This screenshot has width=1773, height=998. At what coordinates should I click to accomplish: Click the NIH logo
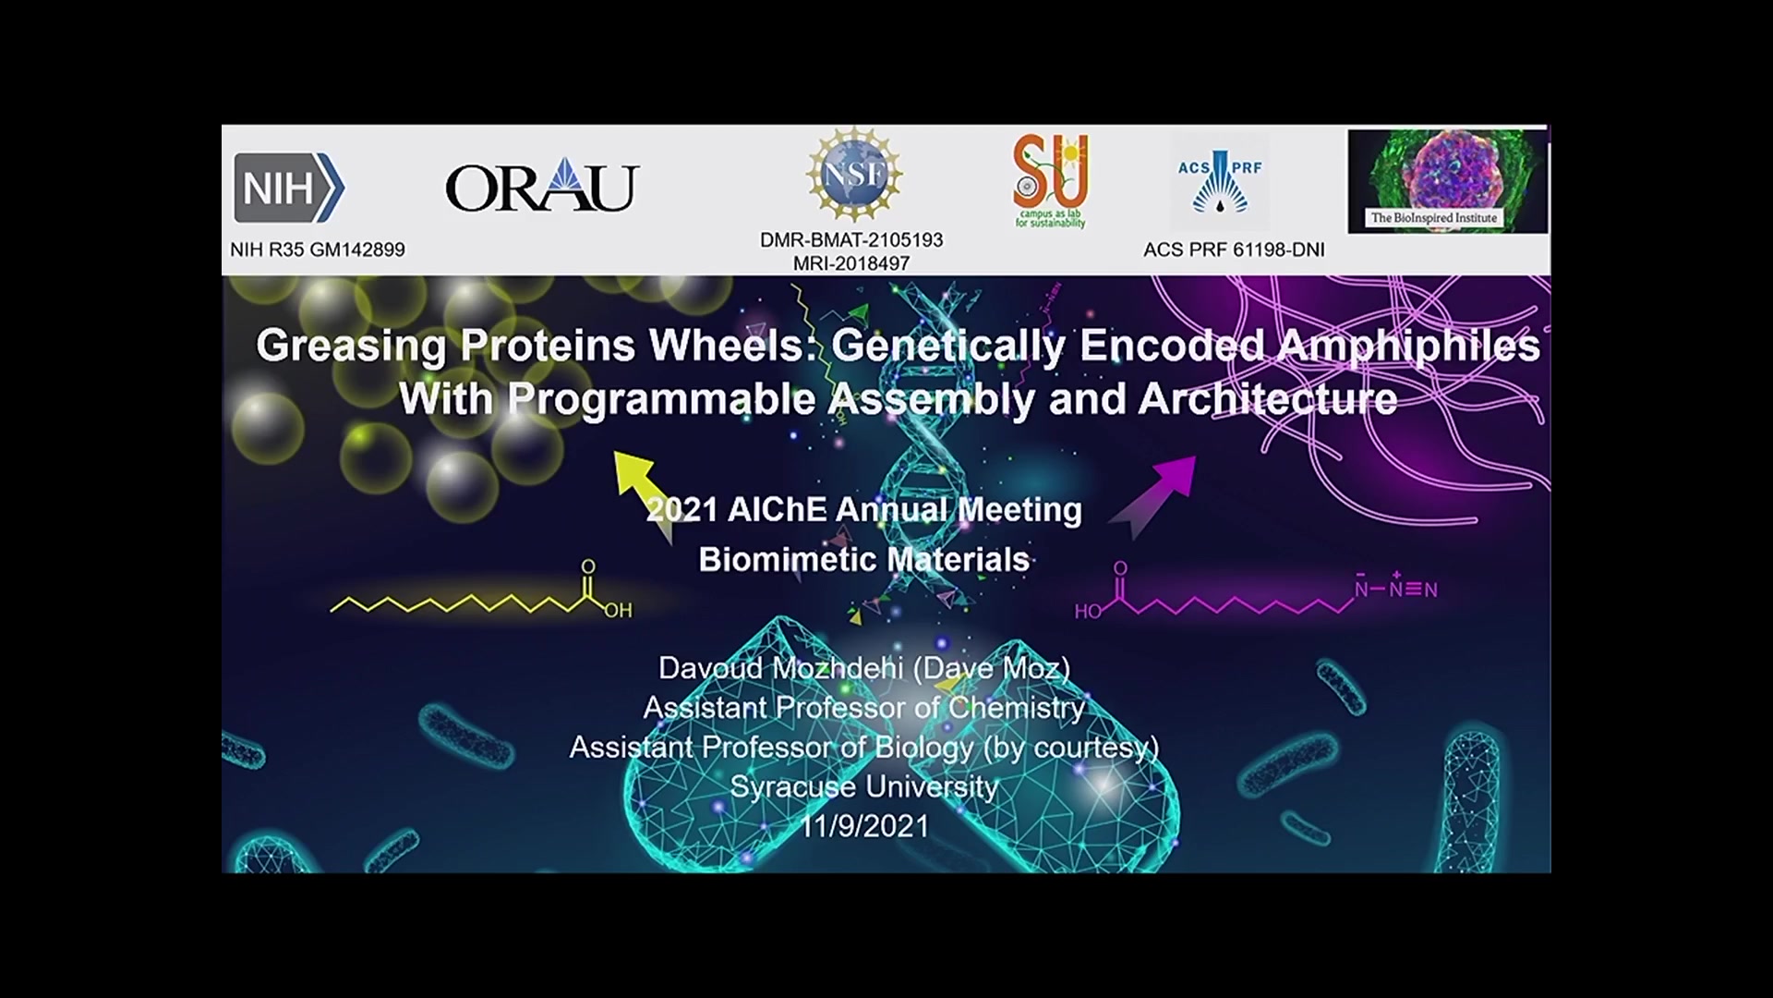(x=289, y=188)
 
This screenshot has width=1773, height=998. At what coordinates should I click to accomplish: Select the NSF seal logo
(x=853, y=175)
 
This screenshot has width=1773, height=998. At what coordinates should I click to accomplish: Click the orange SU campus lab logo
(x=1051, y=180)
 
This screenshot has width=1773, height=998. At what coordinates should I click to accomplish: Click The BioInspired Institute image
(x=1447, y=180)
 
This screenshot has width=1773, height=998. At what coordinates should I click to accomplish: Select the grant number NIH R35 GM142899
(x=318, y=249)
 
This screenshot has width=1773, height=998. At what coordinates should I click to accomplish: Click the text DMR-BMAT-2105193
(x=851, y=240)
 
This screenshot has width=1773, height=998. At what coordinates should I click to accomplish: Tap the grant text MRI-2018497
(x=851, y=263)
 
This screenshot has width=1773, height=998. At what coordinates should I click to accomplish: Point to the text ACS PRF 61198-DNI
(x=1234, y=249)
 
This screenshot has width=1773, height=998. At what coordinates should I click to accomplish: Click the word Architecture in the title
(x=1267, y=399)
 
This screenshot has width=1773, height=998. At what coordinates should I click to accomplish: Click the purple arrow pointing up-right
(x=1152, y=496)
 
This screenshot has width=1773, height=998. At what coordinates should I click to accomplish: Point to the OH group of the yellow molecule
(x=618, y=610)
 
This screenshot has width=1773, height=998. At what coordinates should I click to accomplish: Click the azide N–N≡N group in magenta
(x=1395, y=586)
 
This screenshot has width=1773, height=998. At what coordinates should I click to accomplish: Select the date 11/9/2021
(x=863, y=825)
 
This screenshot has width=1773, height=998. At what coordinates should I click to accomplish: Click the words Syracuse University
(x=863, y=786)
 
